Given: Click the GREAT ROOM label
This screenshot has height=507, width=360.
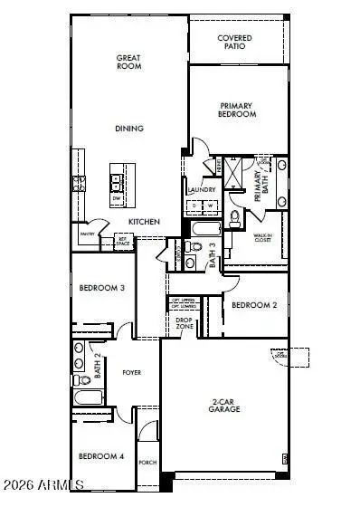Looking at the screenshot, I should click(129, 62).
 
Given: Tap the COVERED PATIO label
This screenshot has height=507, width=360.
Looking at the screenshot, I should click(234, 42).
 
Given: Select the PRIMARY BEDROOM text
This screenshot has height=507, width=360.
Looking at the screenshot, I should click(238, 110).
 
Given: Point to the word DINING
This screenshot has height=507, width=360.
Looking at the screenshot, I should click(129, 129).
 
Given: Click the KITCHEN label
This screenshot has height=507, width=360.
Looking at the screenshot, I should click(144, 222).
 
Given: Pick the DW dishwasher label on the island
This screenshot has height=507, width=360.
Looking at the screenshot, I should click(118, 196).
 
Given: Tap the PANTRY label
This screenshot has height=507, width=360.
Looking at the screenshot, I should click(88, 234).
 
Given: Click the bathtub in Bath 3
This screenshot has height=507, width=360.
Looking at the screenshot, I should click(200, 228).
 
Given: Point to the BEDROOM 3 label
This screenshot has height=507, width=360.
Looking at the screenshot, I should click(101, 289).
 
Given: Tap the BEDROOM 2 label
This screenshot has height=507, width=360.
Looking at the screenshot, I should click(253, 305).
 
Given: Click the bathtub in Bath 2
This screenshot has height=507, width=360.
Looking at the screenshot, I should click(90, 398).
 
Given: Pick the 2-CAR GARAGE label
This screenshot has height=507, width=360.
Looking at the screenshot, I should click(224, 407).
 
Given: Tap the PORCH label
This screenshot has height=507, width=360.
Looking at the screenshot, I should click(148, 462).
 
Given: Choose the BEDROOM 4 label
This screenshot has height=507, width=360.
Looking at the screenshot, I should click(101, 456).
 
